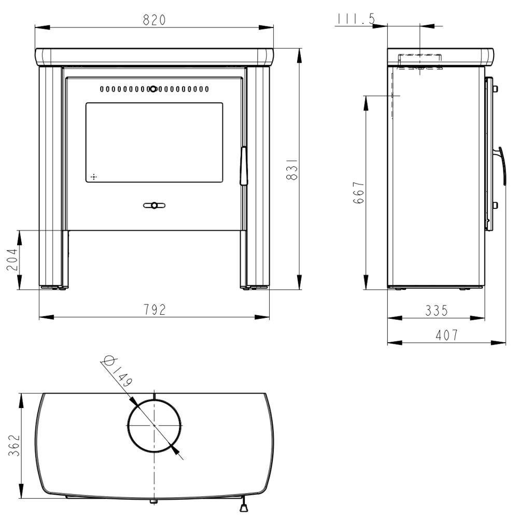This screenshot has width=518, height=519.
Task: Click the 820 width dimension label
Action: pos(154,20)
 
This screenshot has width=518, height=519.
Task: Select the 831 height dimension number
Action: pos(292,170)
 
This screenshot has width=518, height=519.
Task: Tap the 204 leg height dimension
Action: pos(12,260)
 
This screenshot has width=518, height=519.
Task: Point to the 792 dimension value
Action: pos(155,310)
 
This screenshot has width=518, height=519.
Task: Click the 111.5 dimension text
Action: pos(356,19)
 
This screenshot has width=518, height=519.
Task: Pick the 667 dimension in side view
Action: pos(358,192)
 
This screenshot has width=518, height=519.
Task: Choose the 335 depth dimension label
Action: pos(436,311)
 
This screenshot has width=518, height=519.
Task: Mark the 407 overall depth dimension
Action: pos(447,335)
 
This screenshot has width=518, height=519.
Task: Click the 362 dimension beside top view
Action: pos(14,445)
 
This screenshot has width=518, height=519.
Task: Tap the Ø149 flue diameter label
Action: pos(118,371)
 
